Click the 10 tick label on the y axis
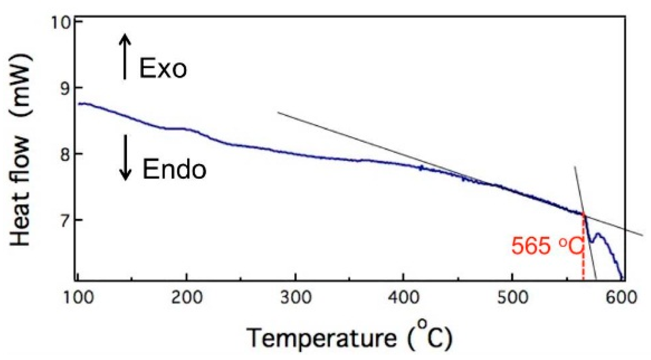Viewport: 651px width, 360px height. coord(61,22)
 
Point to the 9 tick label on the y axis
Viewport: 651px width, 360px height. coord(66,88)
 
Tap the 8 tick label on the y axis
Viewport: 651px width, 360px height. coord(66,154)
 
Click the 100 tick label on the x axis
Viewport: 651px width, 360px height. coord(78,297)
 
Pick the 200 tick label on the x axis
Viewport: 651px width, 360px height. coord(186,297)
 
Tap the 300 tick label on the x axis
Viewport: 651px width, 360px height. coord(295,297)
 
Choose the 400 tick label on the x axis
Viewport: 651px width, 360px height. coord(404,297)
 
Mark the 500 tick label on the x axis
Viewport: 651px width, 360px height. coord(512,297)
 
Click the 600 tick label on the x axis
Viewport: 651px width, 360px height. coord(621,297)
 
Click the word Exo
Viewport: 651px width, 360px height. coord(163,68)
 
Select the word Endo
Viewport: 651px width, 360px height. coord(174,169)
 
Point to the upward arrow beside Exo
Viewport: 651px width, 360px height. coord(125,56)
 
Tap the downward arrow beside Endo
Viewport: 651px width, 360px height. coord(125,158)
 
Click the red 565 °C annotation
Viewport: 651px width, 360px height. coord(547,246)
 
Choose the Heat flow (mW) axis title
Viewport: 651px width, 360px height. coord(21,151)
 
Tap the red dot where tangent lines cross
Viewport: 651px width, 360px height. coord(583,214)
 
